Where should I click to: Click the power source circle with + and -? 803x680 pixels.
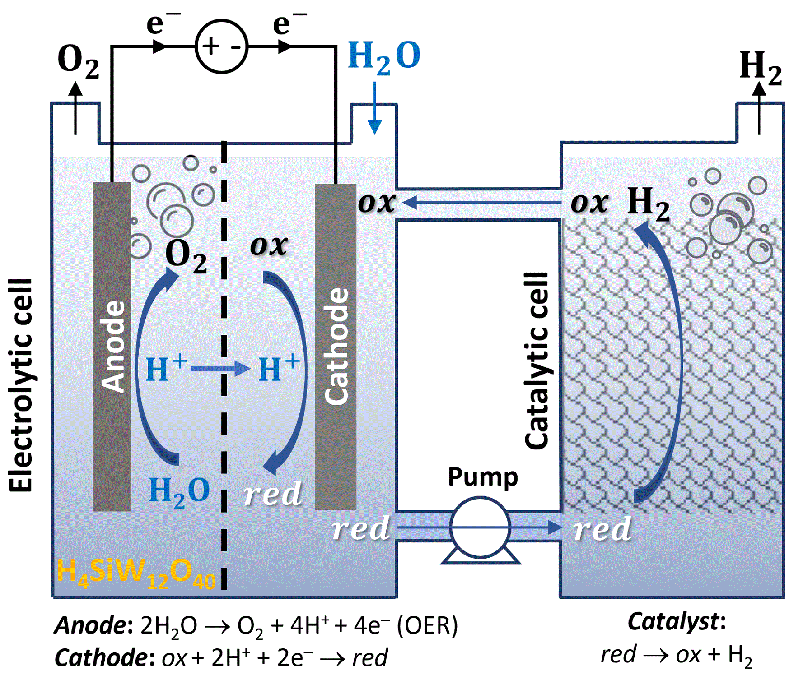click(221, 46)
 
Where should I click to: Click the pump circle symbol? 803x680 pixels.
click(480, 527)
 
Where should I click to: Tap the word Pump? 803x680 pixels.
click(482, 477)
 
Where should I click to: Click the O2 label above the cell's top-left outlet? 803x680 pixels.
click(78, 61)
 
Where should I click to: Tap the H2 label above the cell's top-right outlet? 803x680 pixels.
click(761, 68)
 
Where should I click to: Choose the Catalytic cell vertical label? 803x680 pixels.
click(536, 361)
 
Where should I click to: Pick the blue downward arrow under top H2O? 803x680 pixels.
click(374, 108)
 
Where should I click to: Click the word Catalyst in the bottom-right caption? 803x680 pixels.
click(672, 622)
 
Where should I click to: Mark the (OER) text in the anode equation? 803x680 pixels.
click(427, 625)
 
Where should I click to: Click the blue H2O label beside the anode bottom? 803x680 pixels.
click(179, 491)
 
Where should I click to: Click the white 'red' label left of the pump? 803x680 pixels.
click(360, 528)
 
